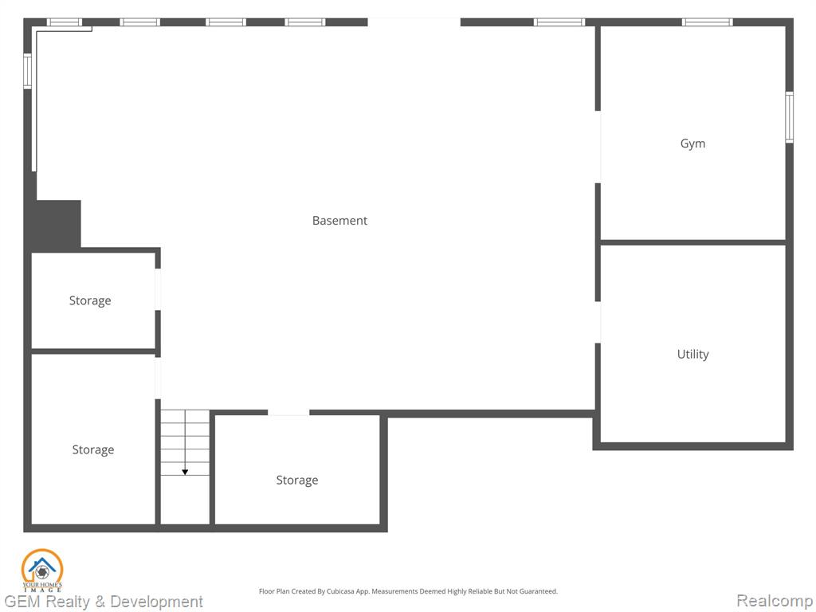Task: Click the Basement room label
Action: click(339, 221)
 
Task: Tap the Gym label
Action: click(692, 143)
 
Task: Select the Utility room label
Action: click(692, 355)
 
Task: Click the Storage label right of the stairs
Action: click(296, 481)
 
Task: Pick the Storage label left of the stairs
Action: click(92, 449)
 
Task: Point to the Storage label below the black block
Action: click(90, 300)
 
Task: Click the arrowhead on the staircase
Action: click(185, 472)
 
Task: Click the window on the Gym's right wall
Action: click(789, 117)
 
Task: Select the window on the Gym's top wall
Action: click(708, 22)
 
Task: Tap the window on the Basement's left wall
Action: click(28, 71)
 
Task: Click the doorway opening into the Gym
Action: click(598, 147)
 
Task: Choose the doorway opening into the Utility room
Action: click(598, 322)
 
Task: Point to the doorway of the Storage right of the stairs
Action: click(288, 413)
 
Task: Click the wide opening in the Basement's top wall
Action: click(414, 22)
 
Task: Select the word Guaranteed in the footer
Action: click(538, 591)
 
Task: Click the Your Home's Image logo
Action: click(42, 571)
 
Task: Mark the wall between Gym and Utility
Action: click(692, 242)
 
